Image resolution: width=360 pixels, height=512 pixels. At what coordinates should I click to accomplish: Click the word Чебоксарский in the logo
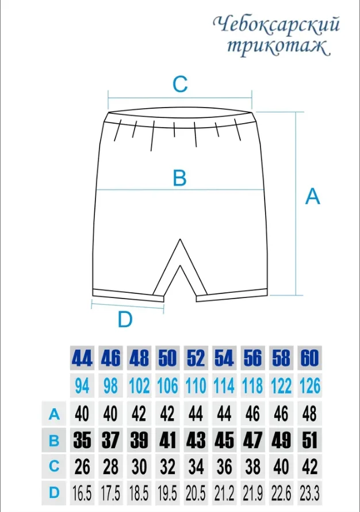(x=277, y=25)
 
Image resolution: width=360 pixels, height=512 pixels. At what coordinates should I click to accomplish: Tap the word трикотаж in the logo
(x=277, y=47)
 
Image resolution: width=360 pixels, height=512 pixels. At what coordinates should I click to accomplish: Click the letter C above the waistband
(x=180, y=84)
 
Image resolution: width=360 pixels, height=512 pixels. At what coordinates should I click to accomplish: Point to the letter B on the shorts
(x=179, y=178)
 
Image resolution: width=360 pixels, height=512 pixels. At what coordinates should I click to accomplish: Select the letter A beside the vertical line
(x=312, y=196)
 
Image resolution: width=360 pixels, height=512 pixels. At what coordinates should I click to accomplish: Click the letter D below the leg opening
(x=125, y=319)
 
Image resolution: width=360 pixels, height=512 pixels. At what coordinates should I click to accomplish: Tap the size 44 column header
(x=82, y=358)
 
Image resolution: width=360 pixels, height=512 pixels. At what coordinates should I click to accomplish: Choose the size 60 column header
(x=309, y=358)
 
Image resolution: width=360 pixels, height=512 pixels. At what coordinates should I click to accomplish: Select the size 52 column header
(x=196, y=358)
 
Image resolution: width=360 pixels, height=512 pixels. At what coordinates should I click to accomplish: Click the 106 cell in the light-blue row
(x=167, y=385)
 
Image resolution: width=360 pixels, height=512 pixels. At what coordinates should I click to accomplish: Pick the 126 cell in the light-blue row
(x=309, y=385)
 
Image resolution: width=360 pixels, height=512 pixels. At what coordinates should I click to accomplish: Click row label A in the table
(x=54, y=414)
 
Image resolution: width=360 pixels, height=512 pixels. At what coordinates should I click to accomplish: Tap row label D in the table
(x=54, y=493)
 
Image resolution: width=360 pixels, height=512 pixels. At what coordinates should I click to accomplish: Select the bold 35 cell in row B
(x=82, y=440)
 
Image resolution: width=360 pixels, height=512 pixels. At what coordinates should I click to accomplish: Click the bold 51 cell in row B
(x=309, y=440)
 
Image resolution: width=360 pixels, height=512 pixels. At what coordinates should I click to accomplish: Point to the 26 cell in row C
(x=82, y=467)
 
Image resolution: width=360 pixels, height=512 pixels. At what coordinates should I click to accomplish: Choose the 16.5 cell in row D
(x=82, y=493)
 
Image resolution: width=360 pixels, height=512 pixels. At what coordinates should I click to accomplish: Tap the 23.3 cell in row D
(x=309, y=493)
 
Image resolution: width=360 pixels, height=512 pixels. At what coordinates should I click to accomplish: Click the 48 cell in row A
(x=309, y=414)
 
